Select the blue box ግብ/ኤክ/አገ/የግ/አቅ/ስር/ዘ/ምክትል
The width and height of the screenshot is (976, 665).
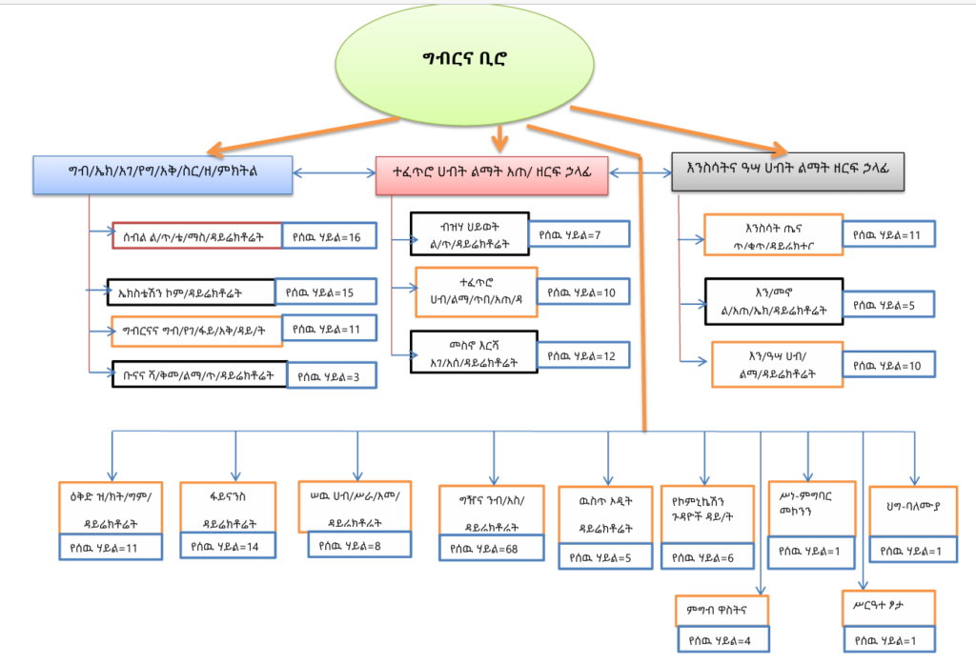[x=163, y=172]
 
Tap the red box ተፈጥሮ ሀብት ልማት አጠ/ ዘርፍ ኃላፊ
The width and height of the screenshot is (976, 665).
[x=492, y=174]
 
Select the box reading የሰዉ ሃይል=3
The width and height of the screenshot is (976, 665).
[x=331, y=375]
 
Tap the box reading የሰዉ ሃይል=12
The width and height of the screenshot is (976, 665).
[x=581, y=356]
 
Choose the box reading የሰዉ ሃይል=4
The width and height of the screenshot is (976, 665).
[x=722, y=639]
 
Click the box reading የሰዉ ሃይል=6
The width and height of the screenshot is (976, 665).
[x=704, y=557]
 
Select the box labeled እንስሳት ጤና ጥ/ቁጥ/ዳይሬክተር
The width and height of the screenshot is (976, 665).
[x=771, y=235]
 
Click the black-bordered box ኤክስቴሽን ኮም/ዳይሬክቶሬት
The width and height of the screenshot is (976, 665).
[x=192, y=292]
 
